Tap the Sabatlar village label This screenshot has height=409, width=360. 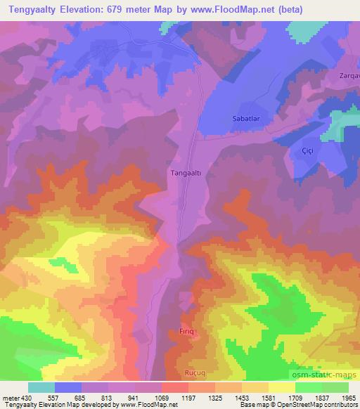pyautogui.click(x=246, y=119)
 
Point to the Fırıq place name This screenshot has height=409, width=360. pyautogui.click(x=184, y=330)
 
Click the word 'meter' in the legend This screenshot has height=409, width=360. pyautogui.click(x=10, y=397)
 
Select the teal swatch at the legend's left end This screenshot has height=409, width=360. pyautogui.click(x=41, y=387)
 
